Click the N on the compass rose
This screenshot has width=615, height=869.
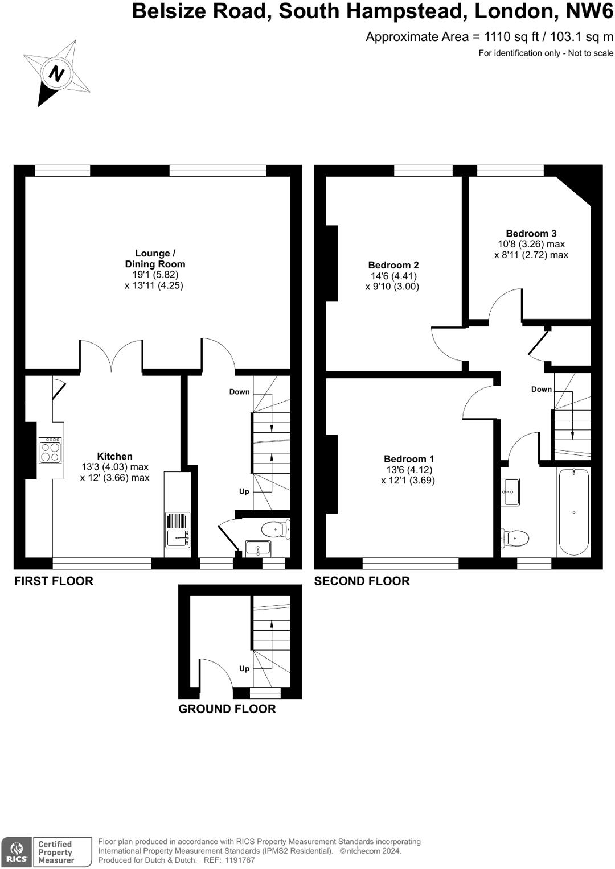tap(57, 73)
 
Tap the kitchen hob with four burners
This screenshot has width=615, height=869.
tap(50, 450)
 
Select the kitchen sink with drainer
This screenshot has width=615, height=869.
tap(178, 529)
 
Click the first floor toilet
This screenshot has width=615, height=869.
tap(276, 529)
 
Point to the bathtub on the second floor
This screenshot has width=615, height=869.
tap(573, 512)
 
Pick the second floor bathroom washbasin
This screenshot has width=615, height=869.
tap(510, 492)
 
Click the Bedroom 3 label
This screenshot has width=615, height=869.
tap(531, 234)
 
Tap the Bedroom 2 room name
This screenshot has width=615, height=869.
tap(393, 266)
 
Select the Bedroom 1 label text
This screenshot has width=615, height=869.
tap(409, 459)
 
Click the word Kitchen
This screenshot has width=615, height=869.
tap(114, 456)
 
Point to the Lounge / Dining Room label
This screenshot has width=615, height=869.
tap(155, 259)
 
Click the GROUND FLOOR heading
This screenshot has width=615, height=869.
tap(227, 709)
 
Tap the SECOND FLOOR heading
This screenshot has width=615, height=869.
tap(362, 581)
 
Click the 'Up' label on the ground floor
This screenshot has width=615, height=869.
tap(244, 668)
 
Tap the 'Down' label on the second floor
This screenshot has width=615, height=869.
tap(541, 389)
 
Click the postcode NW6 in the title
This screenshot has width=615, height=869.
tap(589, 11)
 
